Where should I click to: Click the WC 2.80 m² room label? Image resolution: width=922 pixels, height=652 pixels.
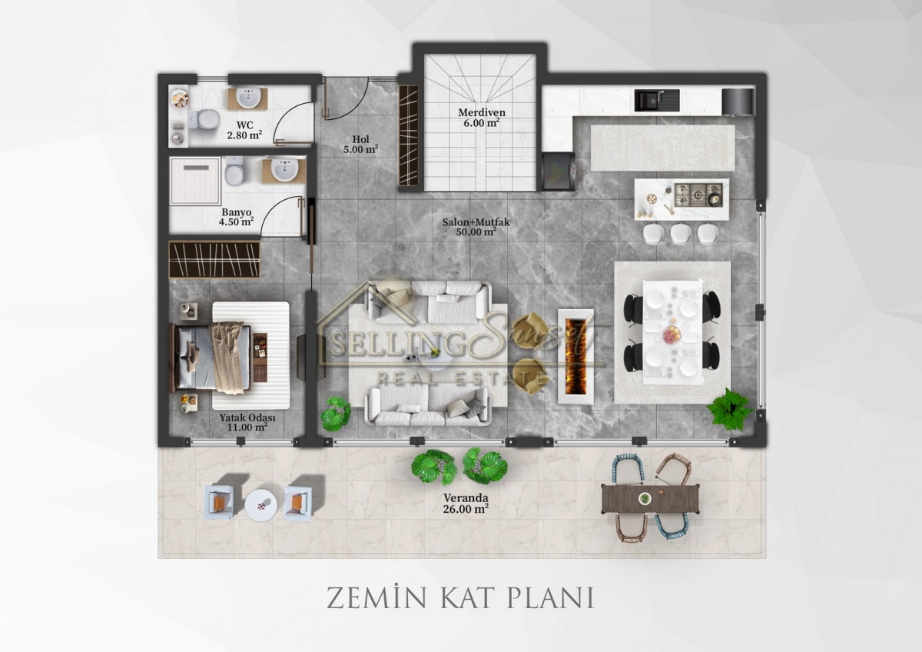[x=244, y=130]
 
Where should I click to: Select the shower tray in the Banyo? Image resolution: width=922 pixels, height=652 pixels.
[x=195, y=181]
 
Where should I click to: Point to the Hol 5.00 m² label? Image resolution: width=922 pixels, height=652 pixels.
[x=361, y=144]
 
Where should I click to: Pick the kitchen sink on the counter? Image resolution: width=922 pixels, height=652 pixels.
[x=656, y=101]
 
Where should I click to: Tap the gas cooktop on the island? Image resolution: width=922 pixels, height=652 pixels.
[x=698, y=195]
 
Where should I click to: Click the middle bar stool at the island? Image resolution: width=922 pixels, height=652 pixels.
[x=681, y=233]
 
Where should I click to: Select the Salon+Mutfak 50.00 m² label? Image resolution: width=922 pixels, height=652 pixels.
[x=476, y=227]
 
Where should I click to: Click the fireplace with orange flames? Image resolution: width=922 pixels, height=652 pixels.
[x=575, y=356]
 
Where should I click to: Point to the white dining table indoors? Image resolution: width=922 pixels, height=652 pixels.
[x=673, y=332]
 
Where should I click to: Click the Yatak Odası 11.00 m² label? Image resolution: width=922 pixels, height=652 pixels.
[x=247, y=422]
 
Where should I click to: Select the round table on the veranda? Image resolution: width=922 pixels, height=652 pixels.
[x=260, y=505]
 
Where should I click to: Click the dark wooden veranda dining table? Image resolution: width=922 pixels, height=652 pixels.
[x=650, y=499]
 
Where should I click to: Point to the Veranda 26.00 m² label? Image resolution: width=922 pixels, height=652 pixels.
[x=466, y=504]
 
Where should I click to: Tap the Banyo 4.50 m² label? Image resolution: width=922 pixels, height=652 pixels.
[x=237, y=217]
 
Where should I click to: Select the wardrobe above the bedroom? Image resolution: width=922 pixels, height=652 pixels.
[x=214, y=259]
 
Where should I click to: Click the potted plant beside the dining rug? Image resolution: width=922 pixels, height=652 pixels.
[x=729, y=410]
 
